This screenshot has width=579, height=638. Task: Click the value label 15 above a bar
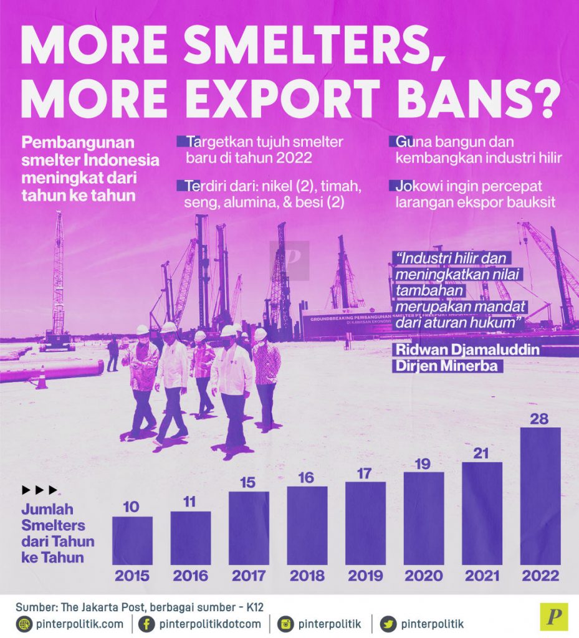249,483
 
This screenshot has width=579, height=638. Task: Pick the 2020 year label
424,576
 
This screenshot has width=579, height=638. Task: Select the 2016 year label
191,576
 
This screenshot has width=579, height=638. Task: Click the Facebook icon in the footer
146,624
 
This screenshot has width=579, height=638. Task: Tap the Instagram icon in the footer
285,624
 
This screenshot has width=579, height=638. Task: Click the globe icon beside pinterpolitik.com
25,624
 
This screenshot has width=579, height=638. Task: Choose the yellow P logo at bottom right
553,617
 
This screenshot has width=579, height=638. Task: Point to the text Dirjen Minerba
446,366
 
